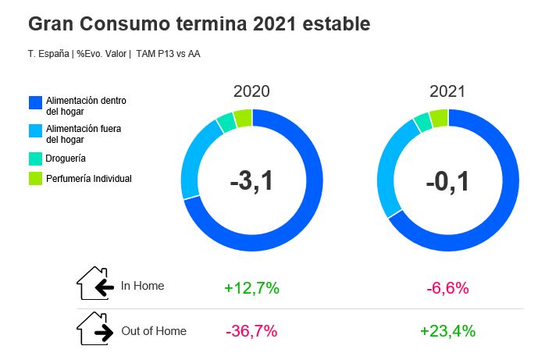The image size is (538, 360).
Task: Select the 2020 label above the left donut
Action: tap(251, 91)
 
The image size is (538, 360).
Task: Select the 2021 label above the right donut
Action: tap(447, 91)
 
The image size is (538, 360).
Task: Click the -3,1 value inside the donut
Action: tap(251, 181)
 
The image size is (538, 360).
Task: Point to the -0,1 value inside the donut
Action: tap(447, 181)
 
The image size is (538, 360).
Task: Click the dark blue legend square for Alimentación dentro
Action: tap(34, 102)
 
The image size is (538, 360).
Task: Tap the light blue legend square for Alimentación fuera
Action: tap(34, 130)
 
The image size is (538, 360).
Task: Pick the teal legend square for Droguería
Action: tap(34, 158)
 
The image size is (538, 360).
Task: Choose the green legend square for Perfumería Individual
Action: tap(34, 179)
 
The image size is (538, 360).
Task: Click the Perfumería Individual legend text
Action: tap(89, 179)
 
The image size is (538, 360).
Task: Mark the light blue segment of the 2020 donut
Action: tap(193, 161)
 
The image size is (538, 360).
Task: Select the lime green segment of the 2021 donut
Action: tap(439, 118)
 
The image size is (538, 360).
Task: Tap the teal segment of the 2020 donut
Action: tap(226, 123)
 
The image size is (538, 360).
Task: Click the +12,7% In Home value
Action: tap(251, 288)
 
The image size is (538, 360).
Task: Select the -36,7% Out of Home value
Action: tap(251, 331)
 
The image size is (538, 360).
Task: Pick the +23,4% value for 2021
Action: tap(447, 331)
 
